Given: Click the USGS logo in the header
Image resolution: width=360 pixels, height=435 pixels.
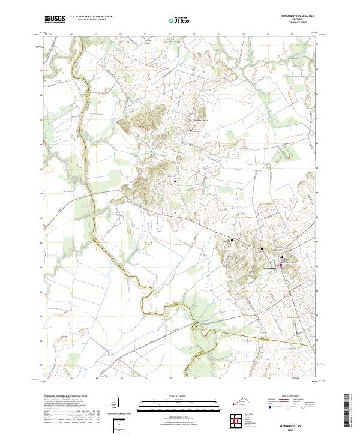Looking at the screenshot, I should tap(55, 19).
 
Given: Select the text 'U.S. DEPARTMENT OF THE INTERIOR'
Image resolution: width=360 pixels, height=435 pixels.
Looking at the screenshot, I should tap(91, 17).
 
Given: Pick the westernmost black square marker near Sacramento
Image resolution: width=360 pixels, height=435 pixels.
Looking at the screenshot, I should tap(232, 240).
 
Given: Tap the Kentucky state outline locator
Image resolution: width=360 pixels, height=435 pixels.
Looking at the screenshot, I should tap(236, 401).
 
